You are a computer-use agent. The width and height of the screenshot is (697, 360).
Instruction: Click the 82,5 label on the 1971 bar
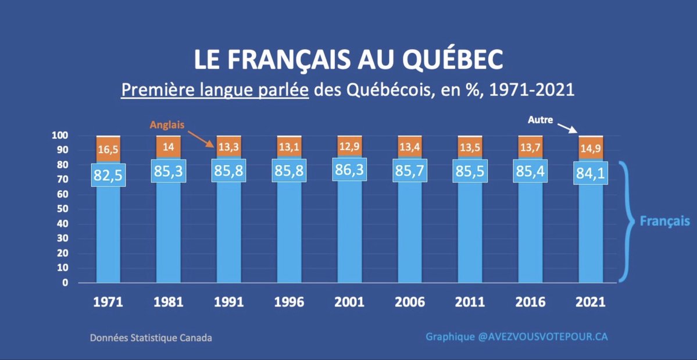(x=108, y=174)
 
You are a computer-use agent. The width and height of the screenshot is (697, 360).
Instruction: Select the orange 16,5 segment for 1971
(x=108, y=149)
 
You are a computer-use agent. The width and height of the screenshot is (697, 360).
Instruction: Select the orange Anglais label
(x=167, y=124)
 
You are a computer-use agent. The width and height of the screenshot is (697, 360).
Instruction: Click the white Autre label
(x=540, y=120)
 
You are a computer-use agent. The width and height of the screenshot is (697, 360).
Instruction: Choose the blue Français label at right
(x=664, y=222)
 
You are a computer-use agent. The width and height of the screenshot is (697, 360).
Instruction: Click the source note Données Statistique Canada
(x=151, y=337)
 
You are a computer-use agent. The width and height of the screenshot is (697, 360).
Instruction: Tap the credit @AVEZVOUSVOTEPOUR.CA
(x=542, y=337)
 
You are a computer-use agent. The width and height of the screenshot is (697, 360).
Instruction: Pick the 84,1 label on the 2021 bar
(x=589, y=173)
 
